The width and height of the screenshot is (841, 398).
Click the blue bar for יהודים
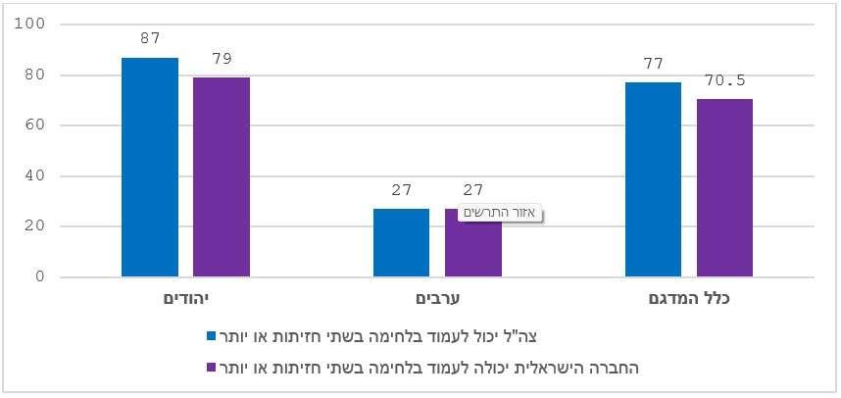coord(150,168)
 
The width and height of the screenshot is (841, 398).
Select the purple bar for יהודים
coord(222,177)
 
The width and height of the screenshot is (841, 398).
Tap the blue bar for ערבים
coord(401,243)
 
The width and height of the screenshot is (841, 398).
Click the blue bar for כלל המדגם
coord(653,179)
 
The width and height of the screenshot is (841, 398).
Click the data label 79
coord(222,59)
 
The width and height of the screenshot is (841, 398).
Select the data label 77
coord(654,65)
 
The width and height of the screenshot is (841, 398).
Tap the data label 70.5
coord(725,80)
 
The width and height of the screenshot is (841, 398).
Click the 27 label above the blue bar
coord(402,190)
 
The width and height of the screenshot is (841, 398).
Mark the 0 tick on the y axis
coord(40,277)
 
